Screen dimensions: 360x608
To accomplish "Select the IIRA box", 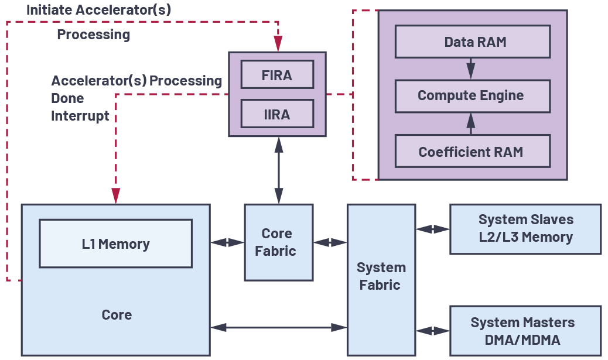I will (x=277, y=114).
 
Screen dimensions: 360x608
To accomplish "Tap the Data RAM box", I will (x=473, y=42).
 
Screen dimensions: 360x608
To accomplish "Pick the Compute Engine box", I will (x=473, y=96).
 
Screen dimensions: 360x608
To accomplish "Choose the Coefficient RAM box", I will (x=473, y=152).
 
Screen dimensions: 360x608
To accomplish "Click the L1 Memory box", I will (x=115, y=244).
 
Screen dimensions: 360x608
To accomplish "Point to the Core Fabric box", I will (x=278, y=242).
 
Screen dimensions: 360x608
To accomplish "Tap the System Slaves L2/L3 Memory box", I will (x=525, y=229).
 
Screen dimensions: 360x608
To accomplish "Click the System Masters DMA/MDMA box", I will (x=525, y=331).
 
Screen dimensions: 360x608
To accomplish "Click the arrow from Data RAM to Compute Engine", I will (x=470, y=68).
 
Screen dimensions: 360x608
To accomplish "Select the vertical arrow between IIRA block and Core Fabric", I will (x=279, y=170).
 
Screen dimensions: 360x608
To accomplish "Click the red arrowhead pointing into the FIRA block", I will (x=278, y=44).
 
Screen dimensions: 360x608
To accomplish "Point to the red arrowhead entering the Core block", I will (x=116, y=196).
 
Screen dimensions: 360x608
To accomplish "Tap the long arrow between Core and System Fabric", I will (x=278, y=327).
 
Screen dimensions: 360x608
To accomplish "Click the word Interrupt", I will (x=80, y=116).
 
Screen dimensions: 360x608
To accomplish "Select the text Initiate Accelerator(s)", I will (x=98, y=10).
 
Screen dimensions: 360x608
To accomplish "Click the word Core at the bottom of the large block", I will (x=117, y=315).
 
